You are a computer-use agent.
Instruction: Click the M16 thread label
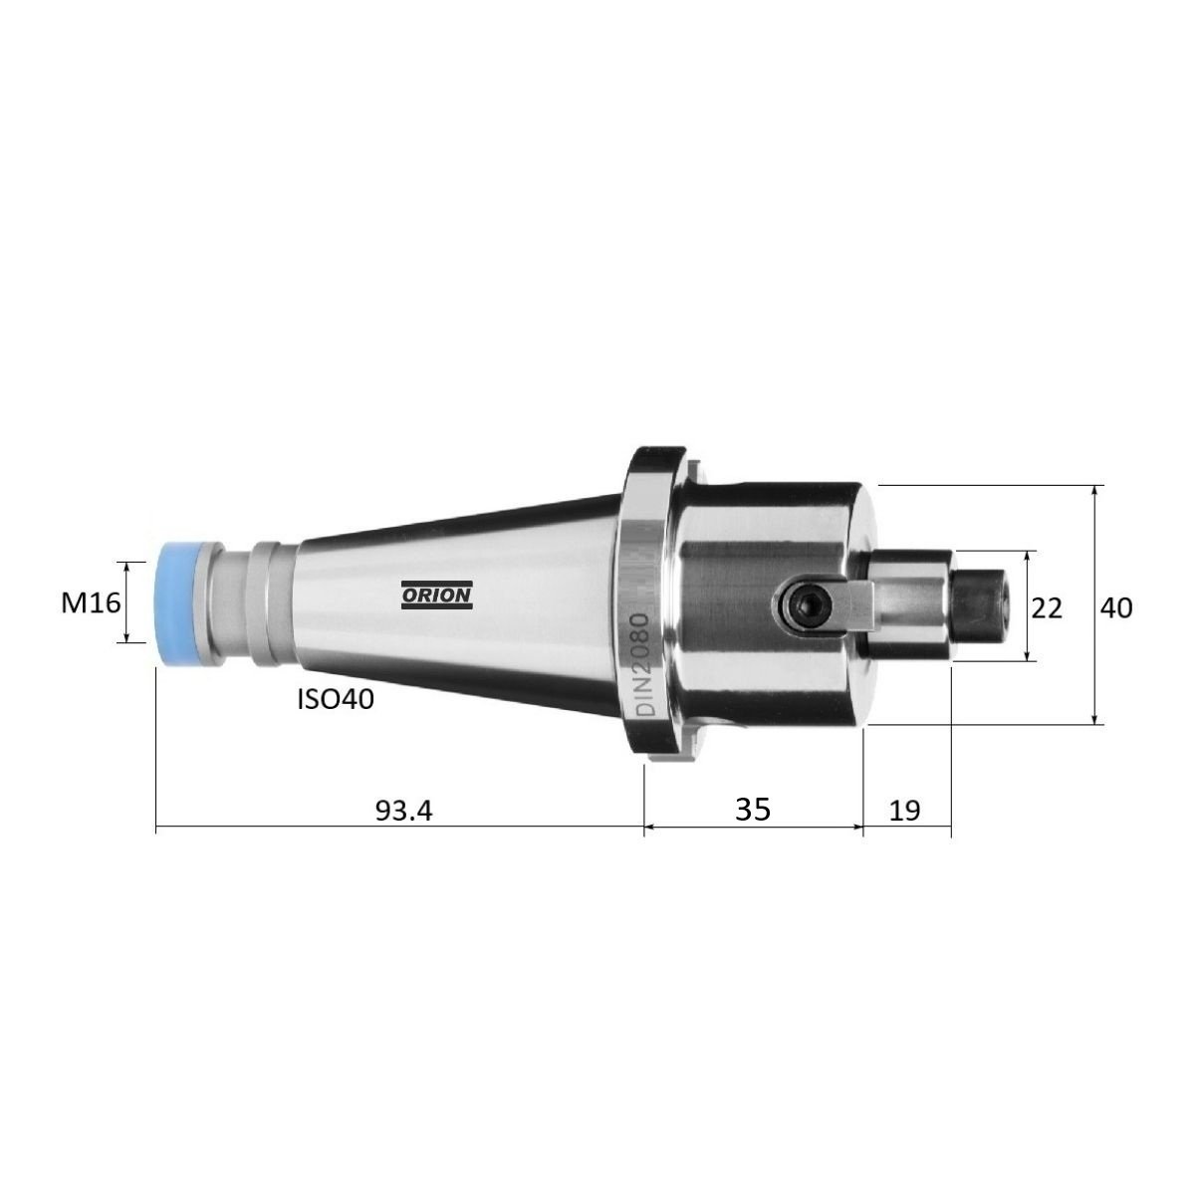tap(92, 602)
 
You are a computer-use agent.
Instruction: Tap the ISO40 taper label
tap(336, 699)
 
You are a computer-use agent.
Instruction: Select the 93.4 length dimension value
tap(403, 811)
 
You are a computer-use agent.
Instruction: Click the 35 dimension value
tap(753, 809)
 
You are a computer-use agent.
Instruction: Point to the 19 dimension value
tap(905, 810)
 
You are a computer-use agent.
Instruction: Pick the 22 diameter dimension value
tap(1047, 608)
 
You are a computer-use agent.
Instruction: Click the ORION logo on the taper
tap(436, 596)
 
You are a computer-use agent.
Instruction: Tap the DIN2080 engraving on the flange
tap(643, 665)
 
